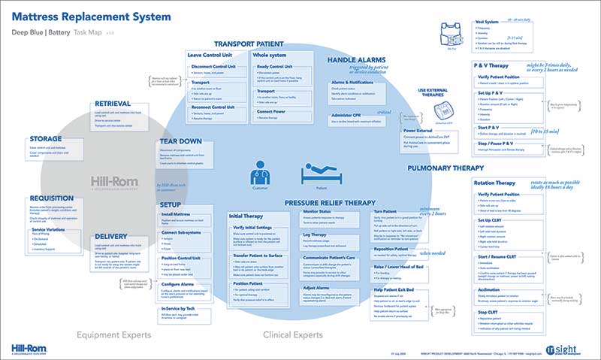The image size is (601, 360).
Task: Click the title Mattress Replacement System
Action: tap(92, 16)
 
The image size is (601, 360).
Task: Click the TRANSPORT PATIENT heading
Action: tap(249, 44)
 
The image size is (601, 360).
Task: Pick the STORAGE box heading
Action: tap(47, 139)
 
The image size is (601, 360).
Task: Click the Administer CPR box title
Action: tap(347, 114)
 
